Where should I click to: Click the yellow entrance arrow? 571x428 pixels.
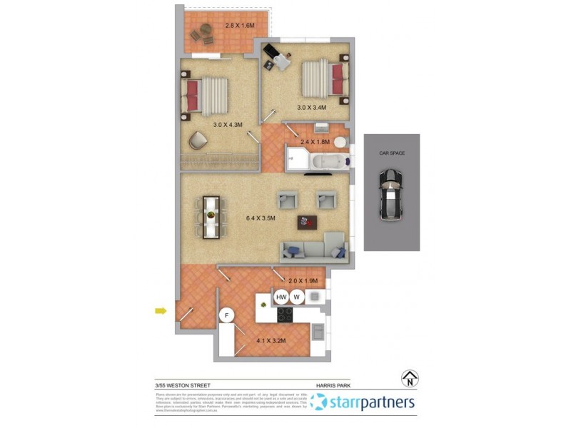[x=161, y=310]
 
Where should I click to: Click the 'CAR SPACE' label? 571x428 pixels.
[x=391, y=153]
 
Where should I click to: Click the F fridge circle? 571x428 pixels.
[x=228, y=315]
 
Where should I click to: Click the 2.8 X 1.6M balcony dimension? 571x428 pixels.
[x=240, y=26]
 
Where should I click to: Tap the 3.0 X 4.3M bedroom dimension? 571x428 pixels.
[x=228, y=125]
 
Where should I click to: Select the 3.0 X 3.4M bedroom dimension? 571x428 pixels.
[x=311, y=108]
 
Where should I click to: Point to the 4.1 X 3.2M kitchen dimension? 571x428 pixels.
[x=271, y=341]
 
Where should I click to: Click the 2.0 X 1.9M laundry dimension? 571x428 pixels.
[x=303, y=280]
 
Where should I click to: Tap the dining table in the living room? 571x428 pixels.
[x=212, y=216]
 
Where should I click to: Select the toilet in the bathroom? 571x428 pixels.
[x=340, y=143]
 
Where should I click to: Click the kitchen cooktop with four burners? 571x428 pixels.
[x=285, y=315]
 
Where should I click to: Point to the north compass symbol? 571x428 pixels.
[x=410, y=378]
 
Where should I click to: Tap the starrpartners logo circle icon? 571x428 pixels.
[x=319, y=403]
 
